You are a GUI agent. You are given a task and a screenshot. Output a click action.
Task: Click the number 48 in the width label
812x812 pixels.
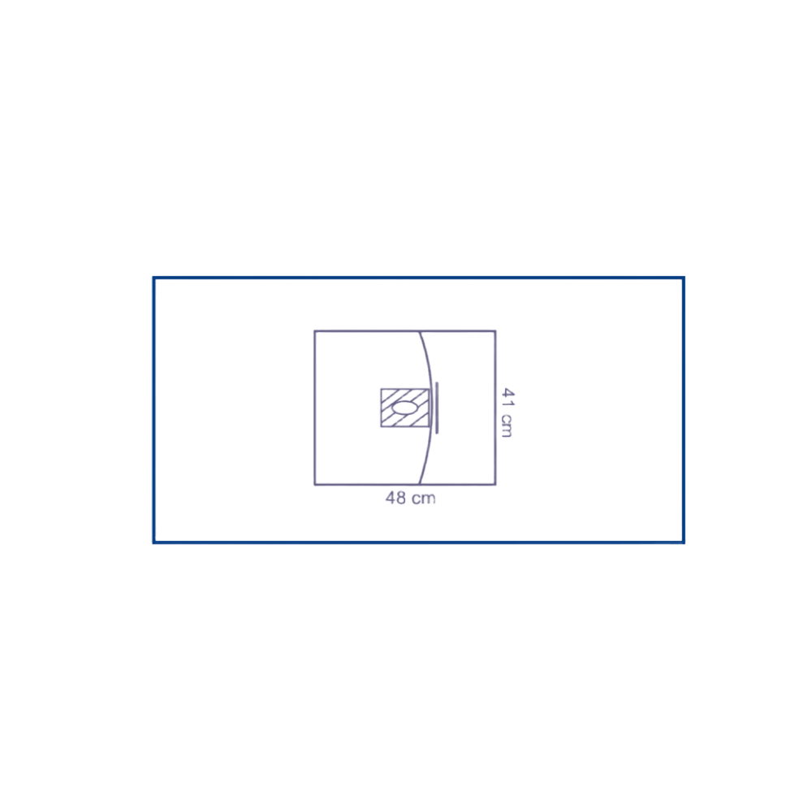pos(396,499)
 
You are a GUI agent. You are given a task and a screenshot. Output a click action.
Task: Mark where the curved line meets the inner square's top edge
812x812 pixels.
pos(420,330)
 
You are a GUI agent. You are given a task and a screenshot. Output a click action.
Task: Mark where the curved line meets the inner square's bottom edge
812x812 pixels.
pos(420,485)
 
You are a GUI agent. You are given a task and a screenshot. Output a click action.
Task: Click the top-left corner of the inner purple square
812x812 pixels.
pos(314,330)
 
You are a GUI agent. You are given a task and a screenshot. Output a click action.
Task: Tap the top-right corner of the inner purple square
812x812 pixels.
pos(497,330)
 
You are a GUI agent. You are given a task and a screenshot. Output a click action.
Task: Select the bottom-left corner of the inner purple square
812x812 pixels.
pos(314,485)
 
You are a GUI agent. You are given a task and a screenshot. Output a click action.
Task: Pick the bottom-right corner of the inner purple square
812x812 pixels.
pos(497,485)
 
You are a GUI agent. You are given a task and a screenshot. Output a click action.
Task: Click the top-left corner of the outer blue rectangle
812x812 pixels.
pos(153,277)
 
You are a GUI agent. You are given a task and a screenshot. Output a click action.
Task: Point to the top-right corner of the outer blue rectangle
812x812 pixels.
pos(685,277)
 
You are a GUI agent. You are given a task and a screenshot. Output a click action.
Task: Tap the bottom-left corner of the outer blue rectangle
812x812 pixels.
pos(153,542)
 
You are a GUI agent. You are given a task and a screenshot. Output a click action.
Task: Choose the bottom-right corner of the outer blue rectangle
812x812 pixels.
pos(685,542)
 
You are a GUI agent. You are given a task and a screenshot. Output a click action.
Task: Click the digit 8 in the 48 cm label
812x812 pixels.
pos(402,499)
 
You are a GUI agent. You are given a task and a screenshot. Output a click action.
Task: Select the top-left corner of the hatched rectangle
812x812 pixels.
pos(380,388)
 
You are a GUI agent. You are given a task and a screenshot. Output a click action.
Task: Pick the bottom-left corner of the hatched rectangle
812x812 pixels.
pos(380,426)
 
